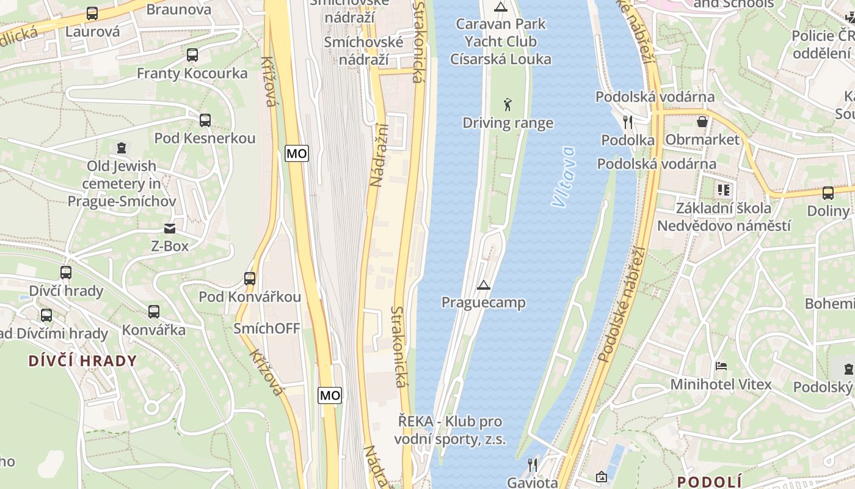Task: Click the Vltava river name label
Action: [562, 177]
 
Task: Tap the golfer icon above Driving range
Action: [508, 105]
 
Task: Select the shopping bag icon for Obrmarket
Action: [702, 122]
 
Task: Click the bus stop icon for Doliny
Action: [828, 193]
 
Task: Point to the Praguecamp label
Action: [483, 303]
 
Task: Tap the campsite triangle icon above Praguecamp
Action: [484, 285]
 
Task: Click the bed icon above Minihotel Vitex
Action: [721, 367]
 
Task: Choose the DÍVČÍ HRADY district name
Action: [82, 361]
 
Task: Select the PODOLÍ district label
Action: [709, 481]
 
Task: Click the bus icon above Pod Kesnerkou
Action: [205, 120]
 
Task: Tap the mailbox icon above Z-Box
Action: [169, 229]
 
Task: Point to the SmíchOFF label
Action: [267, 329]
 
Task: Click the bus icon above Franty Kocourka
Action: [192, 55]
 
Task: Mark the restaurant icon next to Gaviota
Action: [533, 465]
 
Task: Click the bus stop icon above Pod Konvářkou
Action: [249, 279]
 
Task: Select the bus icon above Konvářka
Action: [154, 312]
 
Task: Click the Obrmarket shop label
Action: [702, 140]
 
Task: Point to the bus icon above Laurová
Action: [92, 13]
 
